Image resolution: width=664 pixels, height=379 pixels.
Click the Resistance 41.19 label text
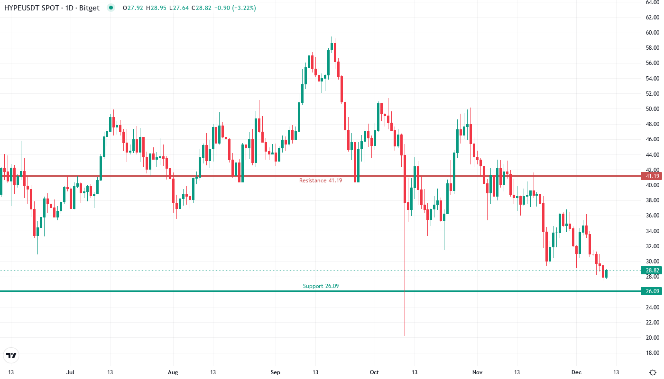pos(320,180)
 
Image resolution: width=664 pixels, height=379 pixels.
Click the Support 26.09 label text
pos(321,286)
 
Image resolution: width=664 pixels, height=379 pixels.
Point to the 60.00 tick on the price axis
pos(652,33)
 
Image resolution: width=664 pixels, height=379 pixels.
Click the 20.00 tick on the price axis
pos(652,337)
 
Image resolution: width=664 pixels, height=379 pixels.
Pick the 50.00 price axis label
pos(652,109)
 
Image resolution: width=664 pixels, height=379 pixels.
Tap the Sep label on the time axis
pos(276,372)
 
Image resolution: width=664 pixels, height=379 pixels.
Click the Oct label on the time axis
pos(375,372)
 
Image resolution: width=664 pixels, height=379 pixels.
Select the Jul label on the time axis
pos(71,372)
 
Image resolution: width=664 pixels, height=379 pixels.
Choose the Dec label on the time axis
pos(576,372)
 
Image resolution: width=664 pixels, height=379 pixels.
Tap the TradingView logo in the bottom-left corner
pos(11,355)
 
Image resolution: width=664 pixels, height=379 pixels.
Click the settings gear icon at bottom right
pos(653,372)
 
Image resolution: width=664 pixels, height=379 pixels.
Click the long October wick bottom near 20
pos(405,334)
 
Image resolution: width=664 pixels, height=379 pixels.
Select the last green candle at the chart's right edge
pos(606,274)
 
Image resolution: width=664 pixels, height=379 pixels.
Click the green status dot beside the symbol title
pos(111,8)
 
